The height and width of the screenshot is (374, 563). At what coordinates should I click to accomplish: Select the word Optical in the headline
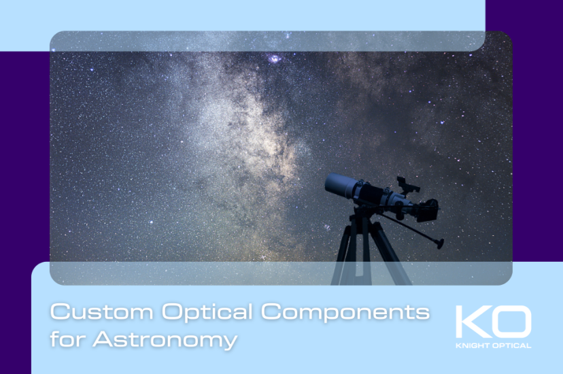pos(199,313)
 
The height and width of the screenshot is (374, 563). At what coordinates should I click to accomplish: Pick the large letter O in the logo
pos(511,322)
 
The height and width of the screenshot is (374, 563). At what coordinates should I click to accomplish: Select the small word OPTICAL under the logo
pos(512,345)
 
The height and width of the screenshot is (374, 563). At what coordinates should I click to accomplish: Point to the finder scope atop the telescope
pos(407,184)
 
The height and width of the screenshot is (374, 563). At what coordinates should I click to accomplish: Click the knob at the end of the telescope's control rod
pos(441,243)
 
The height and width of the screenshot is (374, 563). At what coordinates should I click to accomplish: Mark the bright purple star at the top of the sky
pos(275,59)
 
